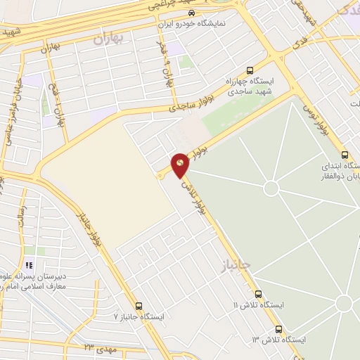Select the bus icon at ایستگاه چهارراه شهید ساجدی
[x=250, y=70]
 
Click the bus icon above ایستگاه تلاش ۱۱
[x=258, y=294]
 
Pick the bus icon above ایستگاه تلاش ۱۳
[x=278, y=328]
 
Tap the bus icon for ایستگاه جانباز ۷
[x=139, y=306]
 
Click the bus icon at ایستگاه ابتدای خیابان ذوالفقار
[x=344, y=155]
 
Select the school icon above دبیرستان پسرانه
[x=29, y=264]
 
